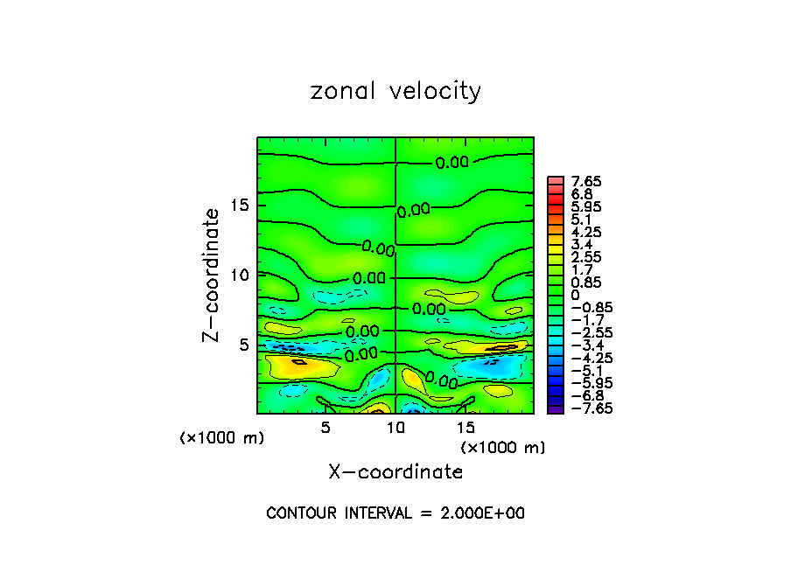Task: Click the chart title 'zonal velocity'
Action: (x=395, y=91)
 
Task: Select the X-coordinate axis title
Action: (x=395, y=472)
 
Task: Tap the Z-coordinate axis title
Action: (x=211, y=275)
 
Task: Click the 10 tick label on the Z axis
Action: (x=239, y=275)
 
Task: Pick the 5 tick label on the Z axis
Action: (x=245, y=344)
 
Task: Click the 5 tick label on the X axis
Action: (x=325, y=427)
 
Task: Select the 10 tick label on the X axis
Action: (x=395, y=427)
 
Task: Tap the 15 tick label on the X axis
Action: (x=465, y=427)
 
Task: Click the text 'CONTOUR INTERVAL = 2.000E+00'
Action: (x=395, y=513)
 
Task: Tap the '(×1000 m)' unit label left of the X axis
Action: (x=222, y=438)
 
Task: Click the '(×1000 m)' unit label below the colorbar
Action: (x=503, y=448)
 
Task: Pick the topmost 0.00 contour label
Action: (x=452, y=162)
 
